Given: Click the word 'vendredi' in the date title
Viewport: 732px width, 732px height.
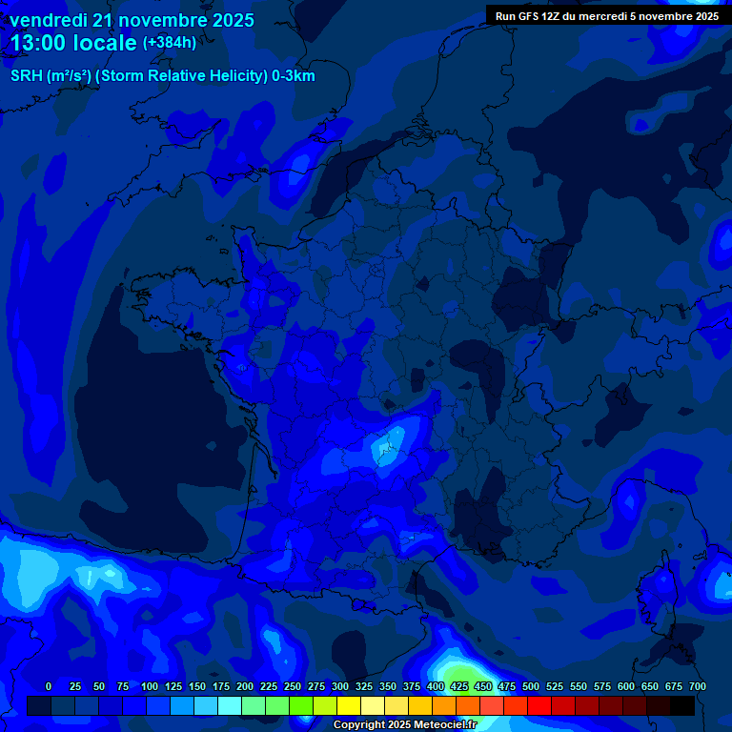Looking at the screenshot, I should coord(48,20).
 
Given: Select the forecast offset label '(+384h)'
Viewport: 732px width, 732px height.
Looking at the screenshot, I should coord(170,43).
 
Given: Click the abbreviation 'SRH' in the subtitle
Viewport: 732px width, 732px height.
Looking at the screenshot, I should coord(27,76).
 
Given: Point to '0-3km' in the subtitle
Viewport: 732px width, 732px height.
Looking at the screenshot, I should coord(293,76).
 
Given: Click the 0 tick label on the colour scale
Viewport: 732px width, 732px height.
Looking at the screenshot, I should coord(49,687).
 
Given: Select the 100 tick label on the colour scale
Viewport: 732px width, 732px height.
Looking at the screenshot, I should coord(150,687).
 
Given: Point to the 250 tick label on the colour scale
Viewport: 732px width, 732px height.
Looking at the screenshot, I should coord(293,687).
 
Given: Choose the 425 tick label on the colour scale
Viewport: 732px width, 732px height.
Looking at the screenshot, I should coord(459,687).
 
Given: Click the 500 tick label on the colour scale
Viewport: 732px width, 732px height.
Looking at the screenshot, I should coord(531,687).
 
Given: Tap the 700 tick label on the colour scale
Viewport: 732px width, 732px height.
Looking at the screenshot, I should coord(697,687).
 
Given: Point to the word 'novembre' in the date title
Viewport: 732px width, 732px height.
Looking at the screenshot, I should coord(164,20).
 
